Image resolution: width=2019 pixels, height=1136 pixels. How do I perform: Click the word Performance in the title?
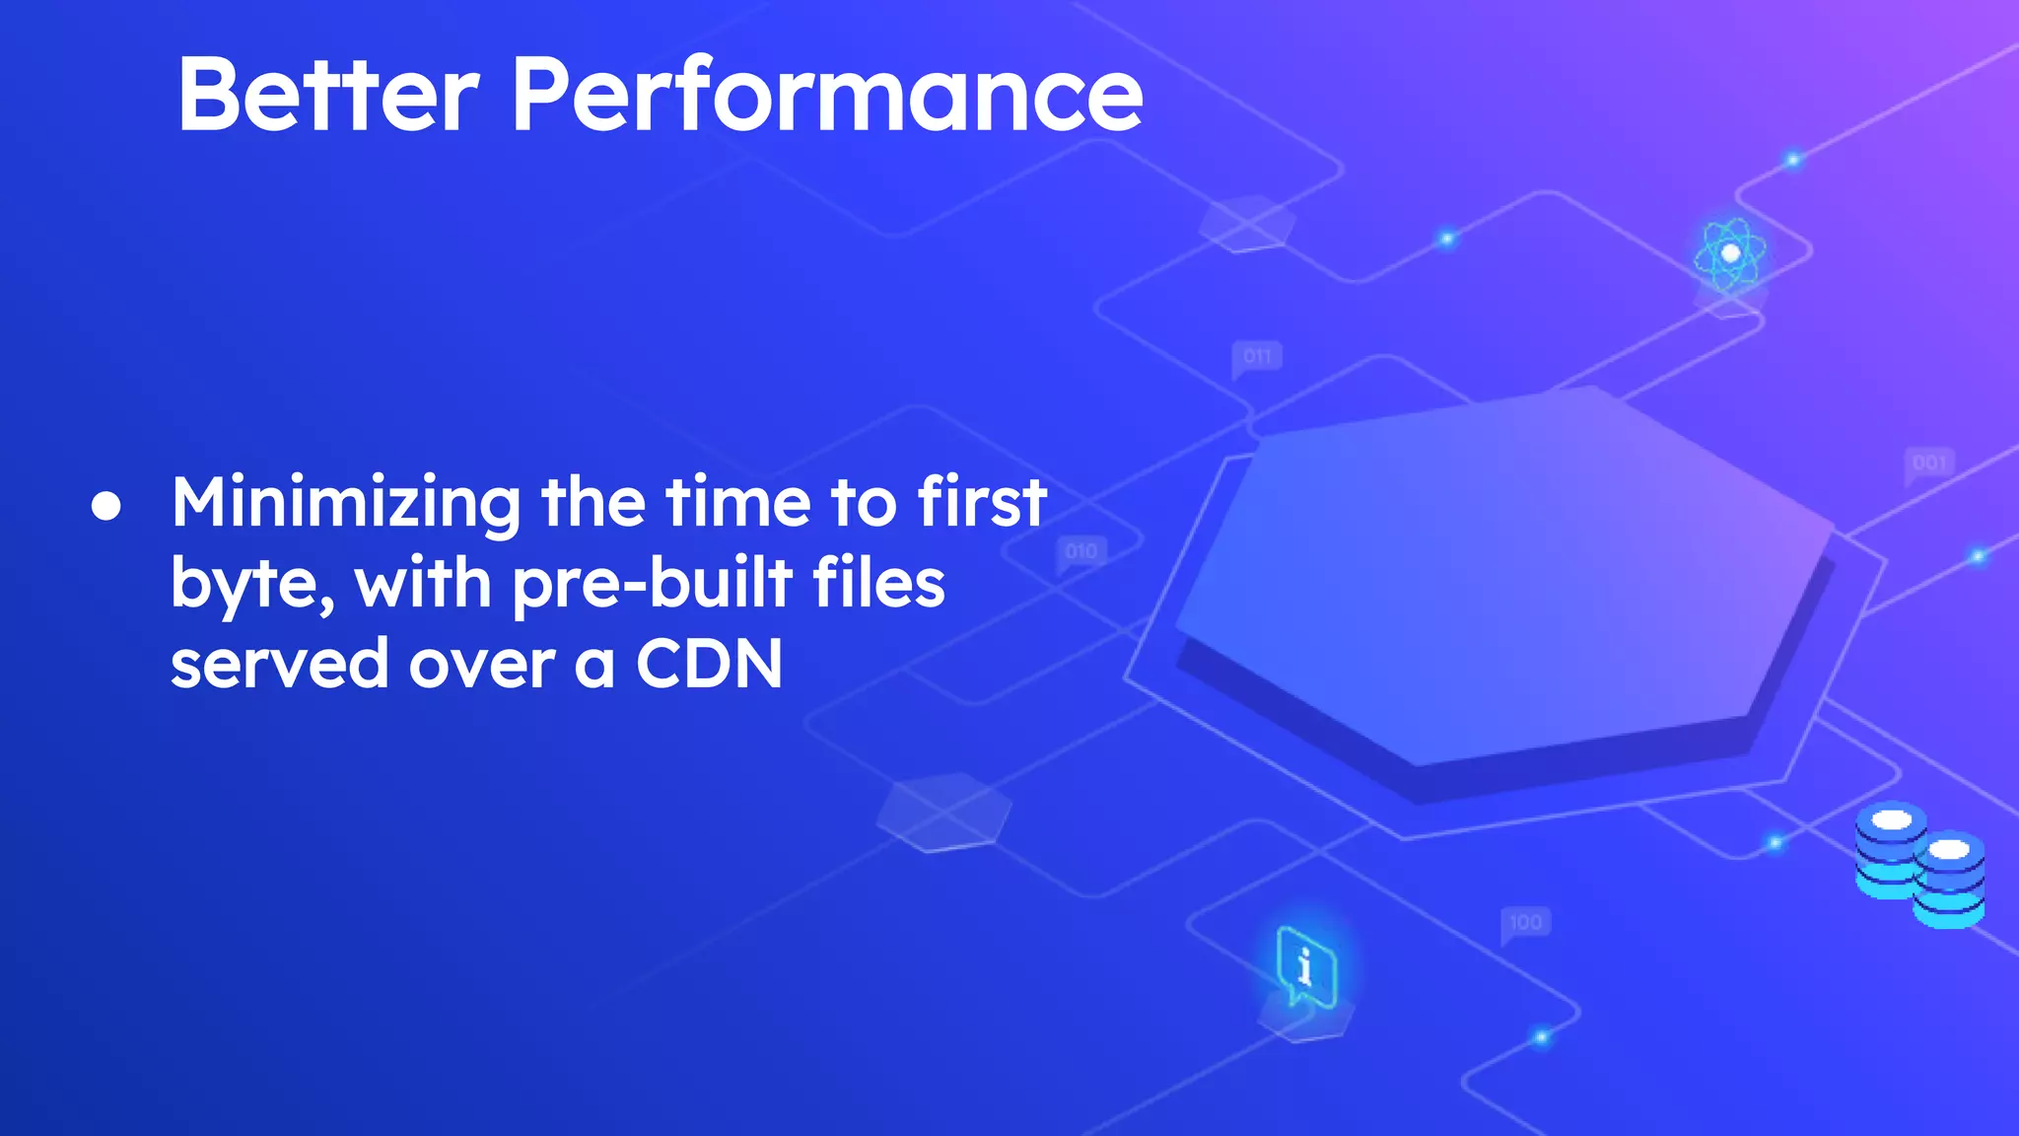pyautogui.click(x=826, y=95)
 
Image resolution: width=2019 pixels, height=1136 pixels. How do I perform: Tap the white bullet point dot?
pyautogui.click(x=106, y=507)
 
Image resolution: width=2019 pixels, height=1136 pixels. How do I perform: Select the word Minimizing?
pyautogui.click(x=346, y=504)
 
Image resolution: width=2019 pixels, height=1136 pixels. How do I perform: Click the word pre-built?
pyautogui.click(x=652, y=584)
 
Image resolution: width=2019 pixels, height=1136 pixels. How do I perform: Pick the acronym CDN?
pyautogui.click(x=709, y=664)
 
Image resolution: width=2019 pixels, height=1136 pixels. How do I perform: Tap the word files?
pyautogui.click(x=878, y=584)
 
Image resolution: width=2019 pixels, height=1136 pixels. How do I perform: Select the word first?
pyautogui.click(x=981, y=503)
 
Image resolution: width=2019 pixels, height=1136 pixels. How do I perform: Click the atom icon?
pyautogui.click(x=1729, y=253)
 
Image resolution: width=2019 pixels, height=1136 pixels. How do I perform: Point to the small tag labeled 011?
pyautogui.click(x=1257, y=356)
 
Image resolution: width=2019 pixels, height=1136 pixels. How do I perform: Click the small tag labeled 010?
pyautogui.click(x=1081, y=551)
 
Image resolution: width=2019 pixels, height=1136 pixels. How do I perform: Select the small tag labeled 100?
pyautogui.click(x=1525, y=922)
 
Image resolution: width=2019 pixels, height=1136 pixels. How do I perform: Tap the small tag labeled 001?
pyautogui.click(x=1929, y=462)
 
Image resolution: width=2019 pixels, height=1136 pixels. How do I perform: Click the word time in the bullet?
pyautogui.click(x=737, y=503)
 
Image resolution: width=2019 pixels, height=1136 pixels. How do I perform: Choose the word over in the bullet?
pyautogui.click(x=482, y=664)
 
